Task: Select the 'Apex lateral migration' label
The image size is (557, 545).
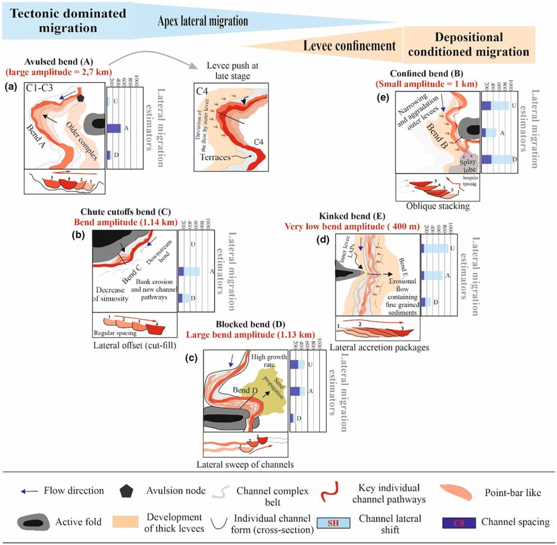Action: (202, 21)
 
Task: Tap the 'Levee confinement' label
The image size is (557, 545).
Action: (349, 46)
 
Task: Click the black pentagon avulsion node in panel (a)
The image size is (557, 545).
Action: (82, 98)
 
